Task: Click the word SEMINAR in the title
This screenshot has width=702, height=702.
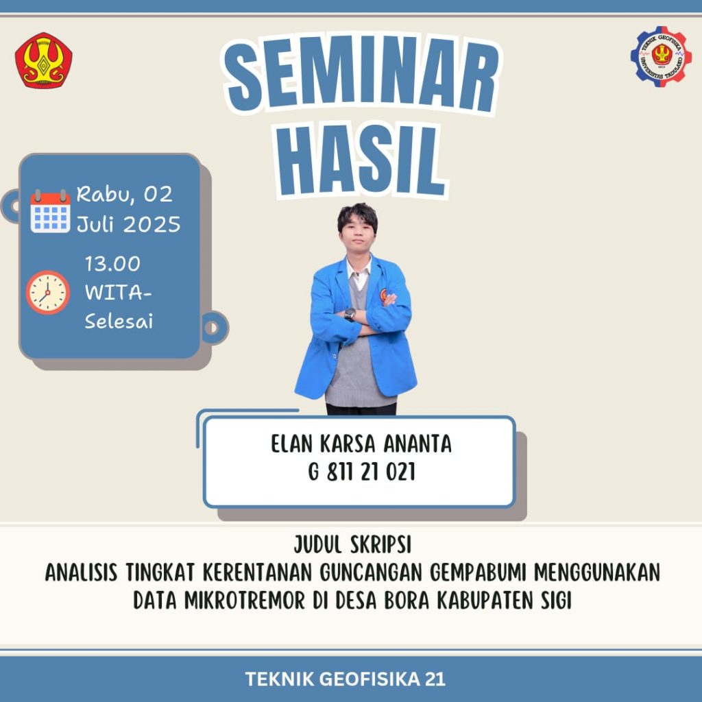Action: (x=362, y=74)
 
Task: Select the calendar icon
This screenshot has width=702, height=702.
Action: (x=50, y=211)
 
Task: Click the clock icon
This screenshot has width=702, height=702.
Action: (x=47, y=292)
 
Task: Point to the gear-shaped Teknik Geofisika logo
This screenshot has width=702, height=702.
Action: (x=661, y=56)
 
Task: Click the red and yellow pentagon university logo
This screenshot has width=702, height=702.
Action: (x=43, y=60)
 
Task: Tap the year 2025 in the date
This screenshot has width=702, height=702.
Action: (x=152, y=224)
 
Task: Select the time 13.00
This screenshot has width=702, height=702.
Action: (x=112, y=264)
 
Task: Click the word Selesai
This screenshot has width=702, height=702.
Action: (x=119, y=322)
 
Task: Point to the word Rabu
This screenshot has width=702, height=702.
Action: (x=105, y=194)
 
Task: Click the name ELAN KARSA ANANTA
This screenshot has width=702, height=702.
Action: (x=361, y=444)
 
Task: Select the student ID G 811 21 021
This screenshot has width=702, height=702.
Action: (x=362, y=472)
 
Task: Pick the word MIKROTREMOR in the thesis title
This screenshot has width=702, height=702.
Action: (x=245, y=601)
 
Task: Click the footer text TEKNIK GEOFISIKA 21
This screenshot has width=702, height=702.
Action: (x=346, y=679)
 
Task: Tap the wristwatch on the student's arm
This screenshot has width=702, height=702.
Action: (x=350, y=314)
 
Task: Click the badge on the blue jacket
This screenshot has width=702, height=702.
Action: (x=383, y=294)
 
